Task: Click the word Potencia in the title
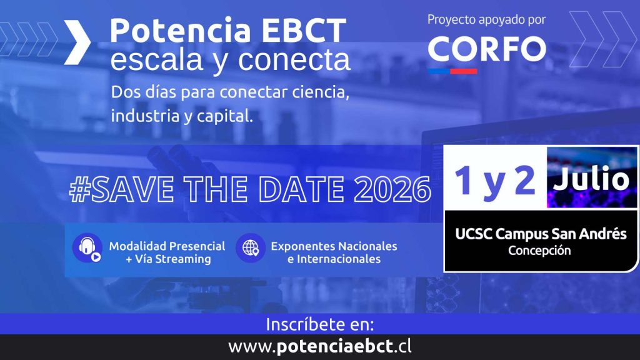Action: (x=181, y=30)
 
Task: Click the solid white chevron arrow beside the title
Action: (x=77, y=42)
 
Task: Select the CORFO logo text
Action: (x=487, y=49)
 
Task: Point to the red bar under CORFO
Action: (x=464, y=71)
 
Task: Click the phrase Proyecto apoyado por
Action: (x=486, y=20)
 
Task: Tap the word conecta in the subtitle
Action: (x=294, y=60)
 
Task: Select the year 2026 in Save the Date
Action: (x=392, y=189)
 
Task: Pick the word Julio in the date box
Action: (x=591, y=178)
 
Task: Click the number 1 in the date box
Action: (x=464, y=179)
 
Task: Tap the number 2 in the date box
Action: (x=524, y=179)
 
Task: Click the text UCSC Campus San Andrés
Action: (x=541, y=234)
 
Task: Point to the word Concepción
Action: (x=539, y=251)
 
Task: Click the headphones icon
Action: (x=87, y=247)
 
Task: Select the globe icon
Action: (x=250, y=247)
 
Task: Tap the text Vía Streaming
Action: (x=173, y=259)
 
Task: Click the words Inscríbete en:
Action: (x=320, y=325)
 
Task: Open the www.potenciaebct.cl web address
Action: (x=320, y=347)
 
